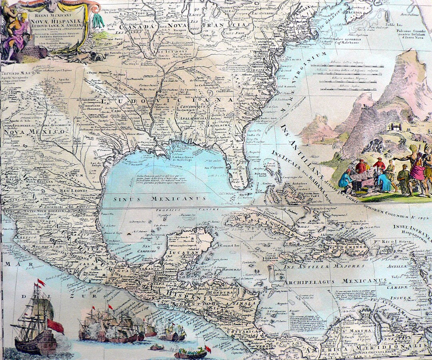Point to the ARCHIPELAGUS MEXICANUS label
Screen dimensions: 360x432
tap(326, 281)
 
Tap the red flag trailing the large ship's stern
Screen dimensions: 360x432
tap(56, 326)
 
